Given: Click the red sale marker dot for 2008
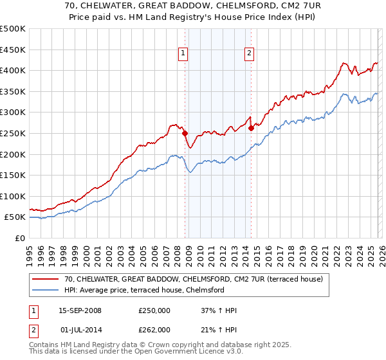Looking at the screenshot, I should tap(185, 133).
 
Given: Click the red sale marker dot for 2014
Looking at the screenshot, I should tap(251, 128).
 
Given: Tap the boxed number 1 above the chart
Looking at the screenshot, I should tap(183, 53).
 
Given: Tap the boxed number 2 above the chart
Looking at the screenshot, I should tap(249, 53).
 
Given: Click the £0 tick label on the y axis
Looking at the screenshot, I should tap(20, 238).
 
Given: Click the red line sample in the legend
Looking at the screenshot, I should tap(46, 279).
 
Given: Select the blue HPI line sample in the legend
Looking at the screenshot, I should tap(46, 290).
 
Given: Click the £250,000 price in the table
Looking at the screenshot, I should tap(154, 310).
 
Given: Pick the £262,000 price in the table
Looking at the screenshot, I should tap(154, 329).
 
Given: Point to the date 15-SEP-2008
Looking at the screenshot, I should tap(80, 310).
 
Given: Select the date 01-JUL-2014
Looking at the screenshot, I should tap(80, 329).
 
